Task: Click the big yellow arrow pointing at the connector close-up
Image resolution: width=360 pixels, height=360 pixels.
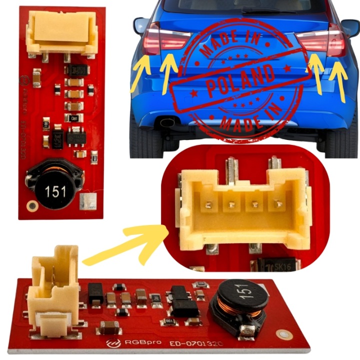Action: pos(125,245)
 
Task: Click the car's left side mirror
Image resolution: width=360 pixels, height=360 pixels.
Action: pos(141,24)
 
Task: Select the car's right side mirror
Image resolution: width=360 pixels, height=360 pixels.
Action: pos(350,27)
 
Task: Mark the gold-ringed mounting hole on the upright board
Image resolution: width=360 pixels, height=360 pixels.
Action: pos(32,204)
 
